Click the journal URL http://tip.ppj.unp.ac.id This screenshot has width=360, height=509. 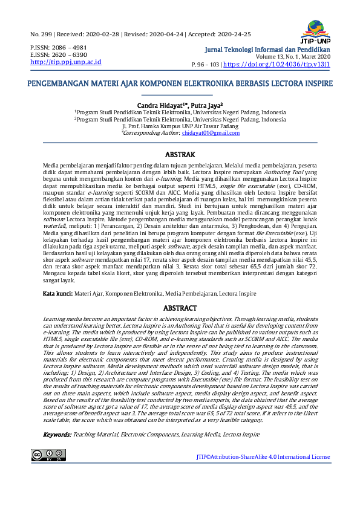(65, 62)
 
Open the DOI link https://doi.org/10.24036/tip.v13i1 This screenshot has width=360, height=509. (277, 63)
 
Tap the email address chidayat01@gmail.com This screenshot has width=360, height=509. (211, 132)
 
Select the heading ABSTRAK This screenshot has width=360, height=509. (180, 155)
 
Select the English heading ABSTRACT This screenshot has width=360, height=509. (180, 308)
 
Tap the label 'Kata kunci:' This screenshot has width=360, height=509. (57, 293)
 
